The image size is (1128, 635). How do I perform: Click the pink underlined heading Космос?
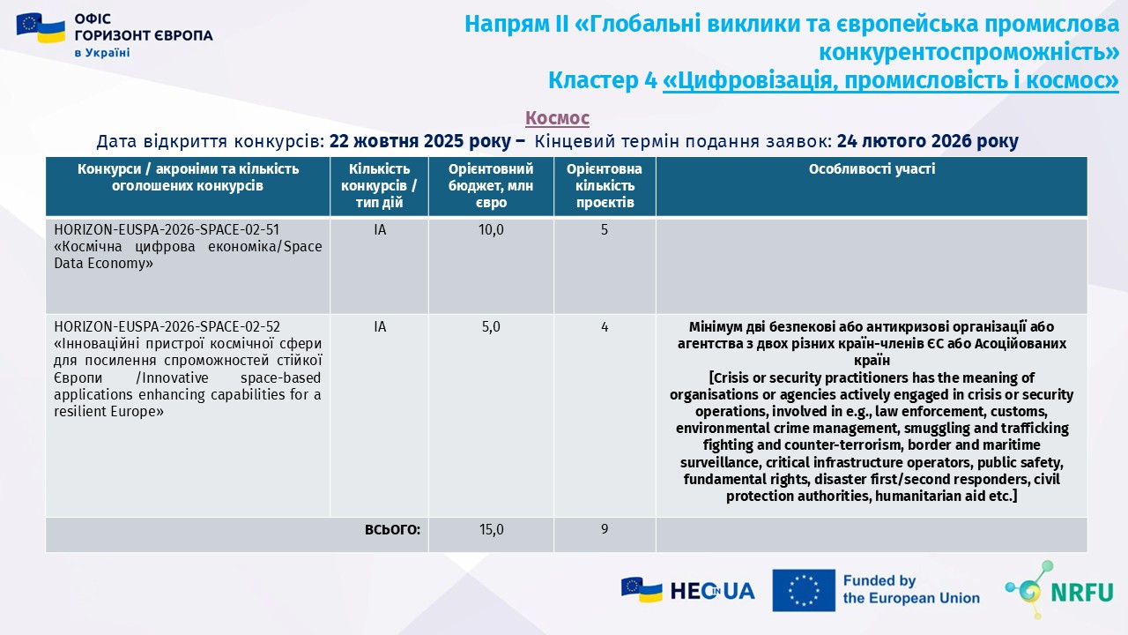click(x=557, y=118)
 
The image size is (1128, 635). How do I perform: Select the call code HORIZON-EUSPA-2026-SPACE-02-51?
click(x=167, y=230)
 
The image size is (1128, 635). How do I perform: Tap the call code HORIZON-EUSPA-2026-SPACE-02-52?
click(x=167, y=327)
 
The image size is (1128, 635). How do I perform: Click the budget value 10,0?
click(x=491, y=230)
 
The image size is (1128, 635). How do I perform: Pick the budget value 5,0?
click(x=491, y=327)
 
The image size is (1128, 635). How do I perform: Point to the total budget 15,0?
click(x=491, y=530)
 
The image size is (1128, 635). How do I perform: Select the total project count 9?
click(x=605, y=530)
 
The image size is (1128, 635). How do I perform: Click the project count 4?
click(x=605, y=327)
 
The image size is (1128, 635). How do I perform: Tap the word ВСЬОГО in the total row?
click(x=392, y=530)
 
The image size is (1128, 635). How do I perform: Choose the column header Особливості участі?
click(x=872, y=169)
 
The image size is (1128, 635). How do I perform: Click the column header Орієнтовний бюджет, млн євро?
click(x=491, y=185)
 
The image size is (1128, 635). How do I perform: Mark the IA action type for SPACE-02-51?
click(x=380, y=230)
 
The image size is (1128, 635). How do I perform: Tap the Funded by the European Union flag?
click(x=804, y=590)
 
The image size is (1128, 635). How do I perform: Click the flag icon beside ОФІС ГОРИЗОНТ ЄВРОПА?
click(x=41, y=29)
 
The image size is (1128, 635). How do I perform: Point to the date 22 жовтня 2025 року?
click(x=419, y=141)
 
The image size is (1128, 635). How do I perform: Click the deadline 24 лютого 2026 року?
click(x=927, y=141)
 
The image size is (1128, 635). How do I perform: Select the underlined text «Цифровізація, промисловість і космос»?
click(x=890, y=81)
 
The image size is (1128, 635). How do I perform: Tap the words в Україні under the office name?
click(x=101, y=53)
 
